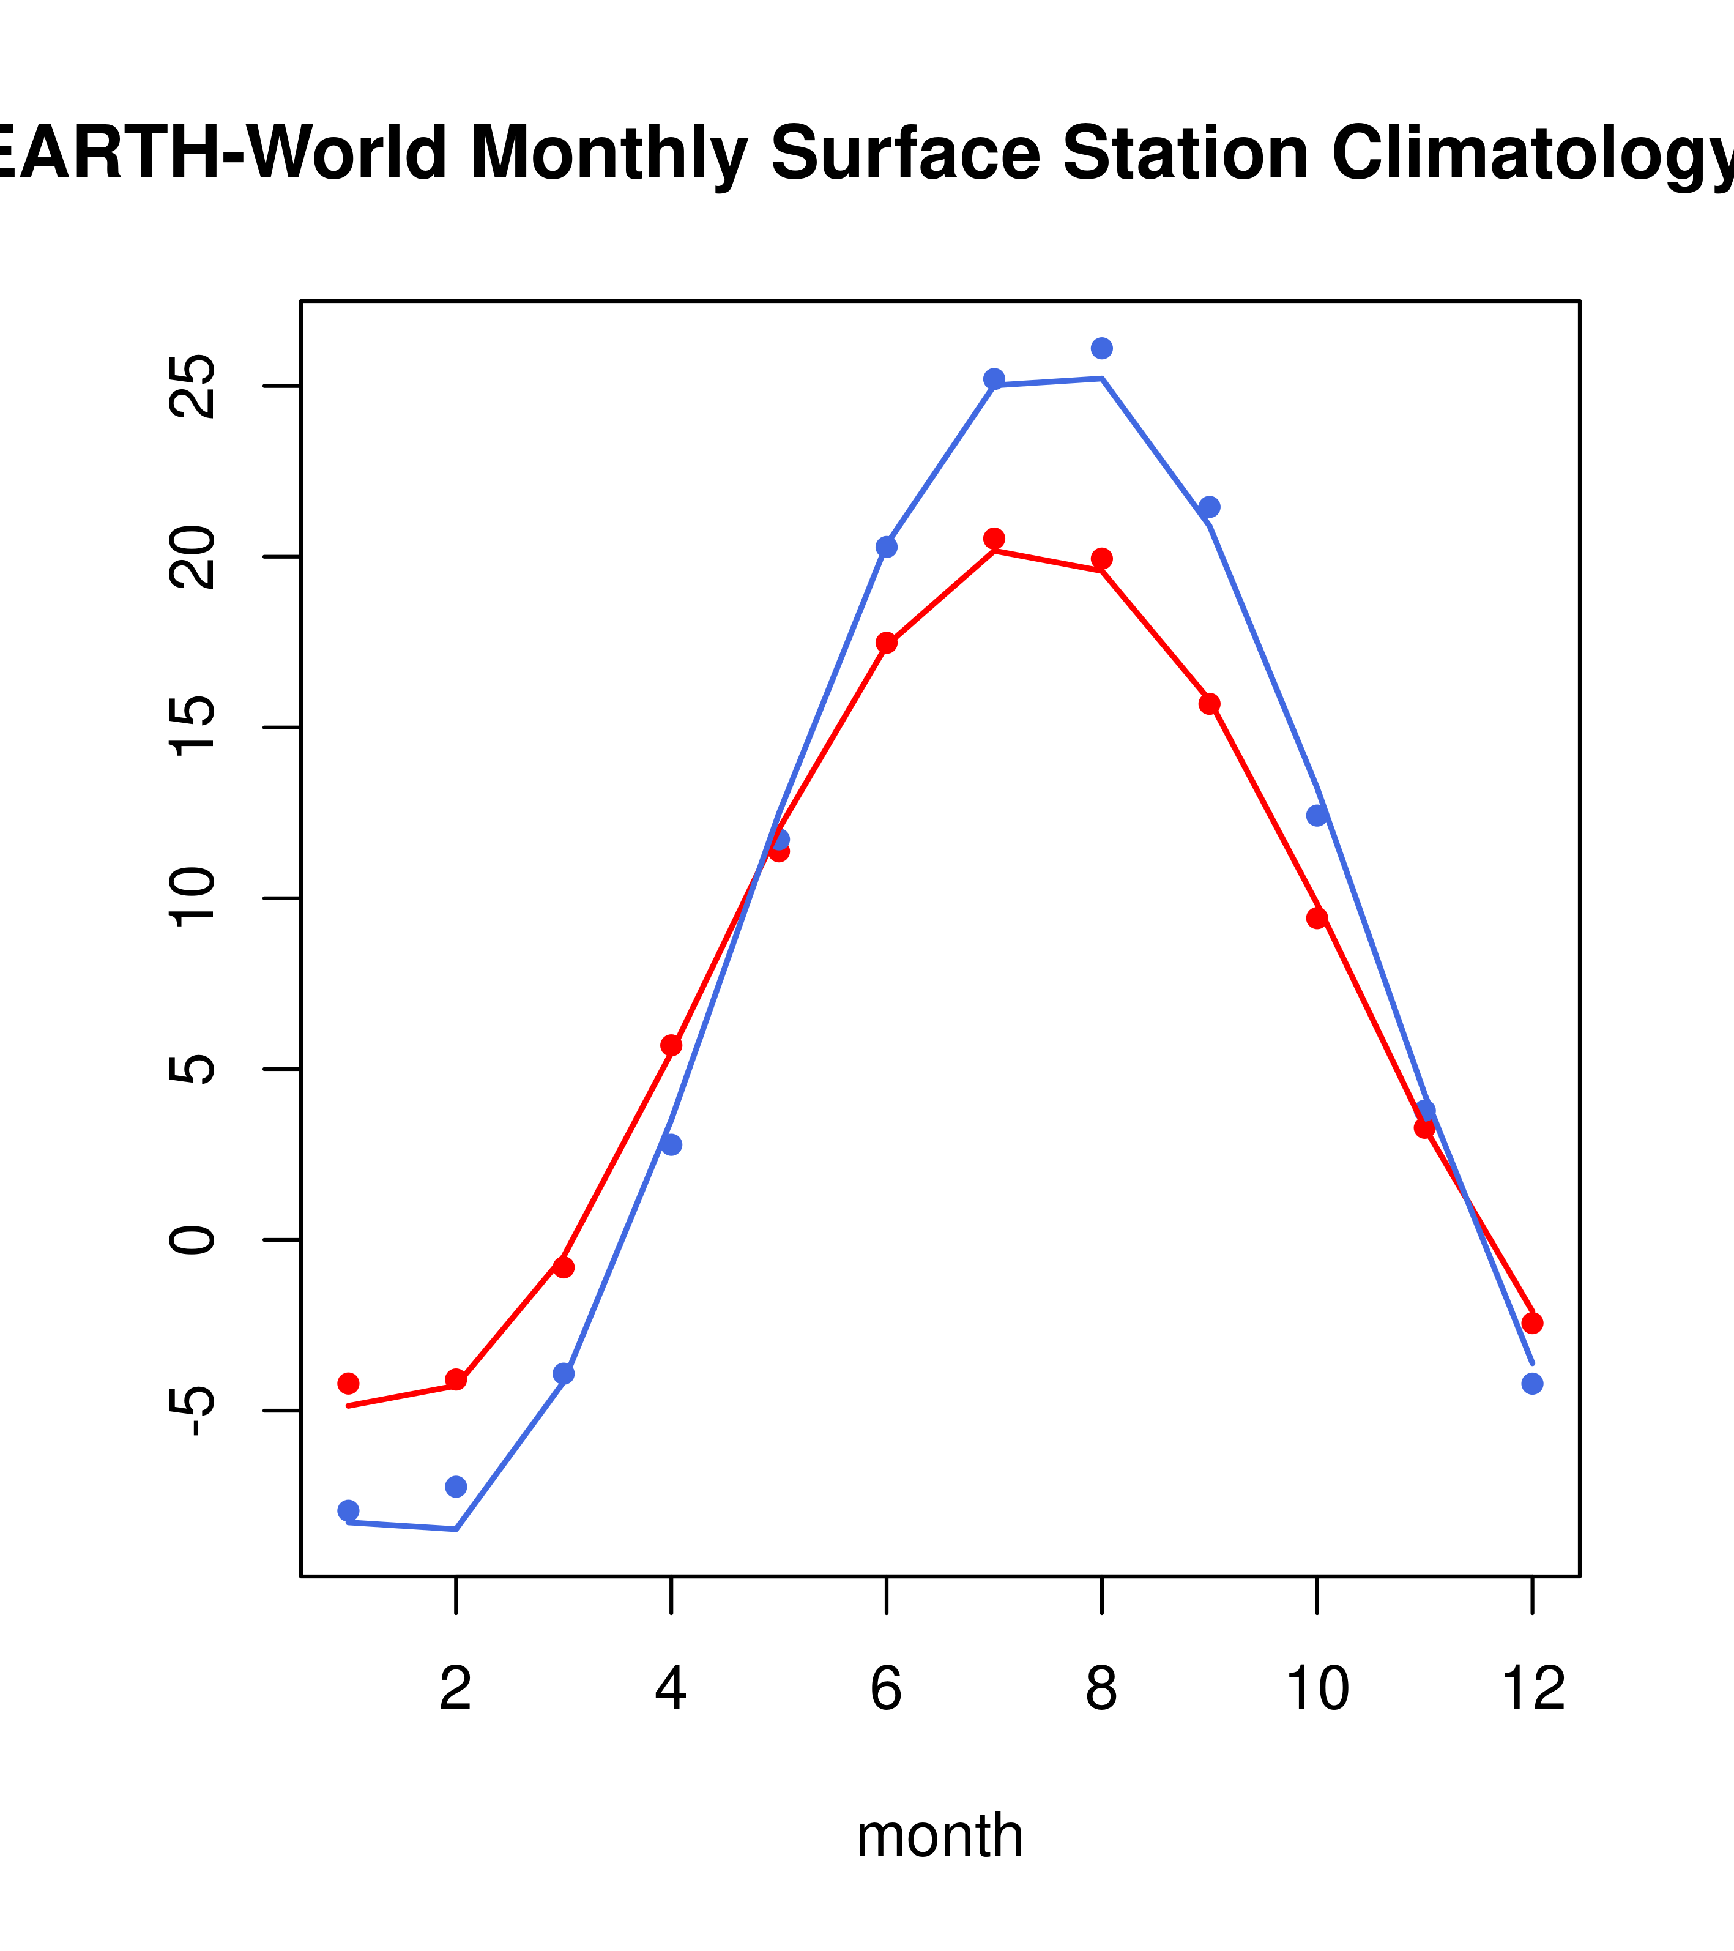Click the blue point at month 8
point(1101,348)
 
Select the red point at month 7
point(994,539)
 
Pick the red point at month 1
point(348,1383)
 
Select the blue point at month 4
point(671,1144)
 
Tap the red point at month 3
point(563,1267)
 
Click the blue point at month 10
point(1317,815)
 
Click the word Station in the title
point(1185,154)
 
